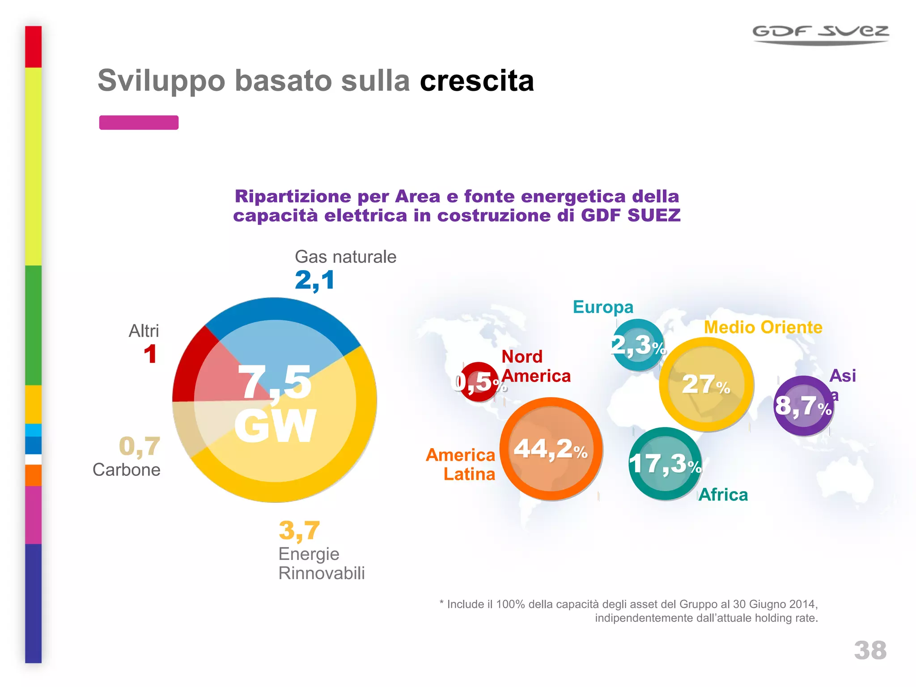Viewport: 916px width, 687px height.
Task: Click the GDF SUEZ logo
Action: click(x=820, y=34)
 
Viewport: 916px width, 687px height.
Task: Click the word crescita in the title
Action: click(x=477, y=81)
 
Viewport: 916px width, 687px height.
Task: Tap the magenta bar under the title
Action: click(x=139, y=123)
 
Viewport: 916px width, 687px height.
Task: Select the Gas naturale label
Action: click(x=345, y=257)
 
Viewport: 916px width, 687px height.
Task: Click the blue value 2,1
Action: click(x=314, y=280)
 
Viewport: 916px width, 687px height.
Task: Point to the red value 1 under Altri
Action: click(x=150, y=354)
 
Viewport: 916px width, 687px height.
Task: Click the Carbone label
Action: click(x=126, y=470)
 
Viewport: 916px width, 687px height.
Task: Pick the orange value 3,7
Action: click(x=299, y=530)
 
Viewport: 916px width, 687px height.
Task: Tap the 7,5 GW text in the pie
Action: click(x=276, y=403)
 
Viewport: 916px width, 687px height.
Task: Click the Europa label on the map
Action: click(x=603, y=307)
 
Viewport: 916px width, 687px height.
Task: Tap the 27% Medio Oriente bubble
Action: click(x=706, y=384)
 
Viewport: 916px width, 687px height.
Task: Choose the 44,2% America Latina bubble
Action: click(x=551, y=449)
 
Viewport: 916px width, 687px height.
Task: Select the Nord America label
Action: click(x=535, y=366)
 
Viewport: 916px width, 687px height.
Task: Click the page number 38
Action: click(x=870, y=650)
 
